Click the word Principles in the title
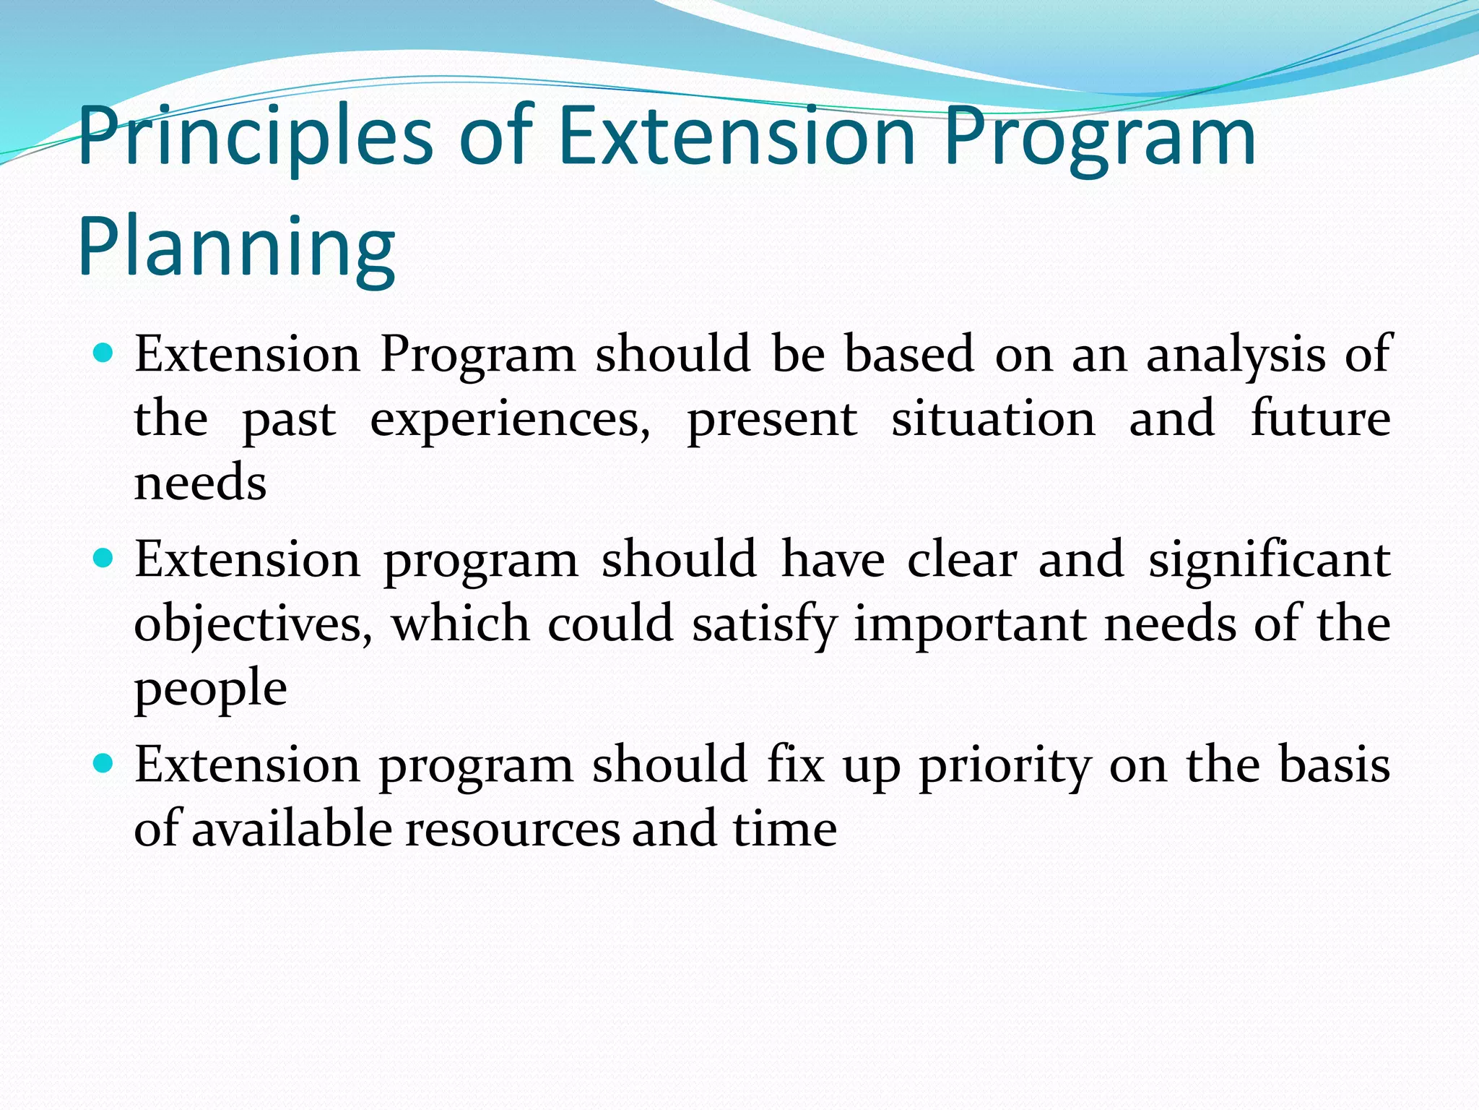point(255,137)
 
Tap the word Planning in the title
point(236,247)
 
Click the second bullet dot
point(104,559)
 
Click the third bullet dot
point(104,764)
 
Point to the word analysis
point(1236,356)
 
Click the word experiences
point(510,419)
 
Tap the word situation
point(993,419)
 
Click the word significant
point(1269,561)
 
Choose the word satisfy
point(765,624)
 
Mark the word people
point(210,688)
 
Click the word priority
point(1005,766)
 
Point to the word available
point(292,829)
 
